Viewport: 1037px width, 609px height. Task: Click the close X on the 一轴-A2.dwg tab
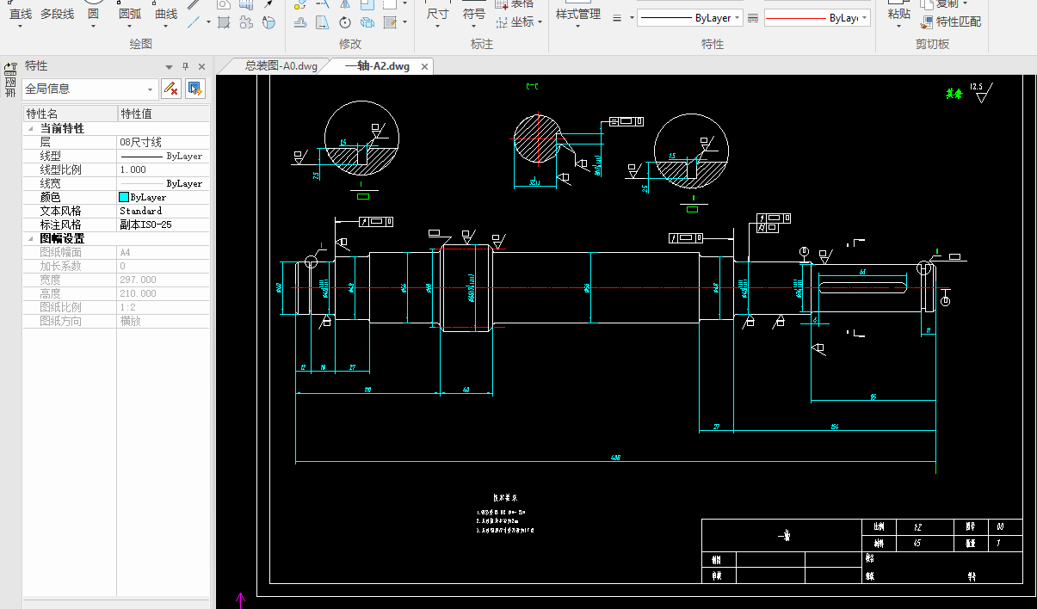[424, 66]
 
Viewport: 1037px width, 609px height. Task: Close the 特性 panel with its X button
[201, 66]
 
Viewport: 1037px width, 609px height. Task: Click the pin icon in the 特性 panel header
[185, 66]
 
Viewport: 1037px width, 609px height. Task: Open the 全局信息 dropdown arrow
[150, 89]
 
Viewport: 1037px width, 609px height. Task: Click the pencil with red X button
[170, 88]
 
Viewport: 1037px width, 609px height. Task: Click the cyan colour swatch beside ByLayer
[124, 197]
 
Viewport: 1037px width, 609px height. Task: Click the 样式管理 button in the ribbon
[577, 15]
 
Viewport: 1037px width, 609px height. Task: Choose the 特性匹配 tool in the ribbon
[958, 22]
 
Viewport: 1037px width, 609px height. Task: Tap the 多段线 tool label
[57, 15]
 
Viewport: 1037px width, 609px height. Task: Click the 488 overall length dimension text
[615, 458]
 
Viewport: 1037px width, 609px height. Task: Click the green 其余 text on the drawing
[954, 95]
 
